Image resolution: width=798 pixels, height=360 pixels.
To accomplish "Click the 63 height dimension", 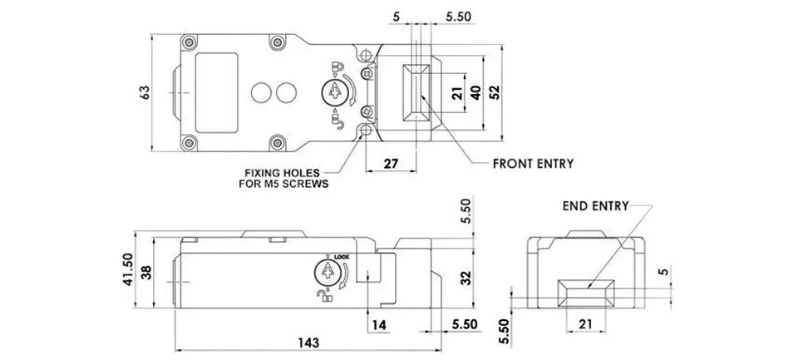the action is click(x=145, y=92).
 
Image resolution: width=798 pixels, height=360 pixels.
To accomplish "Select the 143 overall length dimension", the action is click(x=308, y=343).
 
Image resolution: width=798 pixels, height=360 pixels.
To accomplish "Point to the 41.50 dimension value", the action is click(x=128, y=270).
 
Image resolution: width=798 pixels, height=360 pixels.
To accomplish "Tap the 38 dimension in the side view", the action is click(x=146, y=273).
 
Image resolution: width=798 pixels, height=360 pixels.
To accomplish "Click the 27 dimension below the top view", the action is click(x=391, y=164).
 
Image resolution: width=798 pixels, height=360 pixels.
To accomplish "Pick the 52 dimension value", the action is click(x=494, y=92).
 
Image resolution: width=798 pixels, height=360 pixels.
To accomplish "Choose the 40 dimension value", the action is click(x=475, y=92).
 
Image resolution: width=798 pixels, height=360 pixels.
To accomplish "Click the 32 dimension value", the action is click(x=466, y=278).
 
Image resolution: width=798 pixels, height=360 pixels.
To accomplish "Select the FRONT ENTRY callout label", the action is click(x=533, y=164).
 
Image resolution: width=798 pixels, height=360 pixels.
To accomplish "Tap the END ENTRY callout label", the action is click(x=596, y=206).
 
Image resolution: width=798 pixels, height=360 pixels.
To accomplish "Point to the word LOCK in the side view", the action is click(x=341, y=257).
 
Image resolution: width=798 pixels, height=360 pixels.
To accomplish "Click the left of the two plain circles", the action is click(x=262, y=92).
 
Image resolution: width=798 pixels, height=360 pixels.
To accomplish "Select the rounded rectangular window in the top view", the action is click(x=217, y=92).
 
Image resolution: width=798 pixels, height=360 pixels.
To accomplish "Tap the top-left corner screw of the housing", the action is click(x=190, y=42).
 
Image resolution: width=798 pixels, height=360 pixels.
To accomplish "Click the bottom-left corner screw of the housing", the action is click(x=190, y=143).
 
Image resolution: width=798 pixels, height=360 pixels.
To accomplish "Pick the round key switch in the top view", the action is click(x=334, y=91).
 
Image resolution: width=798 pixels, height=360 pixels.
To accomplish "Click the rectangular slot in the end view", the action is click(x=586, y=293).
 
